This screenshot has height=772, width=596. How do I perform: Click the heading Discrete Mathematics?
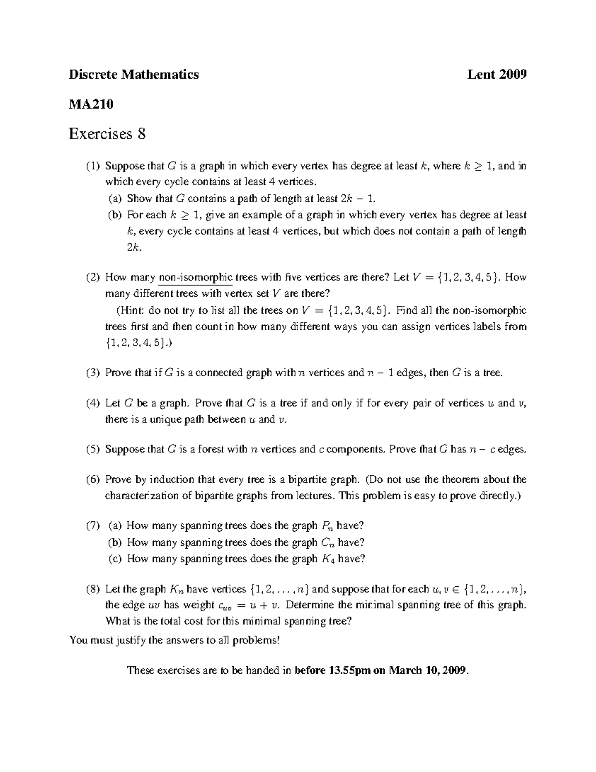[134, 75]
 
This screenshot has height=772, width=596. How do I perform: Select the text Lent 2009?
[497, 75]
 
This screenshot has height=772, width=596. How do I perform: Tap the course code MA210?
[91, 104]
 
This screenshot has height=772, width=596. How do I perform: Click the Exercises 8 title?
[107, 134]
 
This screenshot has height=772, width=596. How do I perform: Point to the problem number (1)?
[93, 166]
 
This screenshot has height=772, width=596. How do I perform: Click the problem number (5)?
[93, 449]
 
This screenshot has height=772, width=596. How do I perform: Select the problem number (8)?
[93, 589]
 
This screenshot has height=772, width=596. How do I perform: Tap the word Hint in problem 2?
[131, 311]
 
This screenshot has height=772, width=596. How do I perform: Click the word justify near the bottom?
[131, 640]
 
